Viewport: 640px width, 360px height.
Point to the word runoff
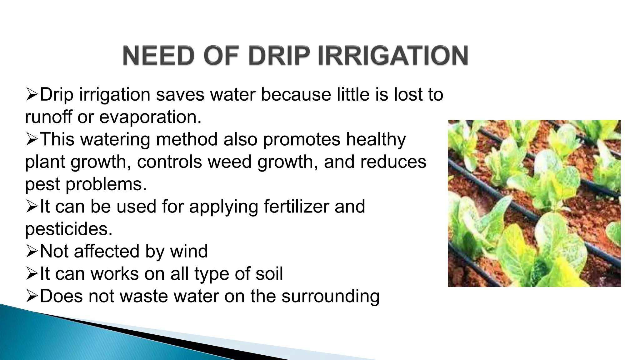(x=48, y=117)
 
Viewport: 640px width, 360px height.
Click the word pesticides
(x=68, y=229)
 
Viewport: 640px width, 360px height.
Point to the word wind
(x=189, y=251)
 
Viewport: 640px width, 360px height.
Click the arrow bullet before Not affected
(x=32, y=251)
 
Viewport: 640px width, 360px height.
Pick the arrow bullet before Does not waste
(x=32, y=296)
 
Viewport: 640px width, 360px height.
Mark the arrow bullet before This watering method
(x=32, y=139)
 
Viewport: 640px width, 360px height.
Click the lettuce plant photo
(x=534, y=203)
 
